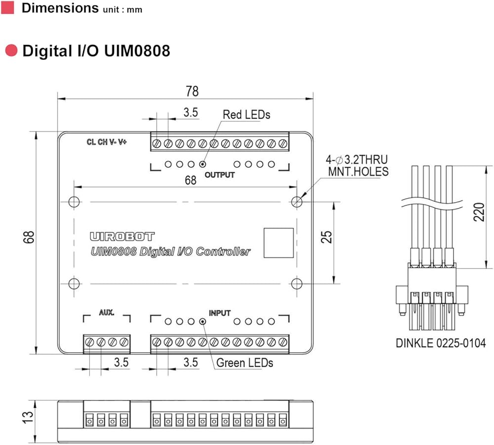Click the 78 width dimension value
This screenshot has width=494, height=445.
192,91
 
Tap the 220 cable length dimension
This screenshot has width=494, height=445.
479,212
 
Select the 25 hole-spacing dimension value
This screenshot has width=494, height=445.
327,237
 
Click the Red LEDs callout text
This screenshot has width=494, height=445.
247,115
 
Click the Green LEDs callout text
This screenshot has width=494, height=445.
245,363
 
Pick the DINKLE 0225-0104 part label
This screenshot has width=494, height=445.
441,343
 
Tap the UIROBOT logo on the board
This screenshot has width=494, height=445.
122,237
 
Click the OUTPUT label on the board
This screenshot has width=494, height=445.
220,175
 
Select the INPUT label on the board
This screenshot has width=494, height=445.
220,313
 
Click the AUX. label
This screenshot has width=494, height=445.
107,313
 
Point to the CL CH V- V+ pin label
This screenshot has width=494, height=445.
107,142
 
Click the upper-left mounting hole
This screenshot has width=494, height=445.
74,202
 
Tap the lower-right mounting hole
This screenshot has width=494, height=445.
297,284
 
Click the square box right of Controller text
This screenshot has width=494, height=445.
279,243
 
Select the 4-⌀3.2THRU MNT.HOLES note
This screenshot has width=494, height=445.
357,165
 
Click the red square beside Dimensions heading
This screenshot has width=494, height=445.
7,7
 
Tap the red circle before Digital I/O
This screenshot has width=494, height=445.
11,51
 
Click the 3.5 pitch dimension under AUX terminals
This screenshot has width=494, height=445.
121,362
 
